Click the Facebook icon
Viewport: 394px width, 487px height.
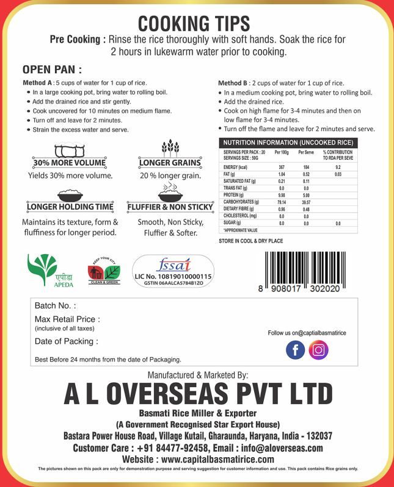pos(295,350)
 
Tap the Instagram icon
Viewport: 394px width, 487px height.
pos(318,350)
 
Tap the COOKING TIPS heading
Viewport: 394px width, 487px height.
pos(194,23)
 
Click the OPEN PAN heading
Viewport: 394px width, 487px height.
pos(52,69)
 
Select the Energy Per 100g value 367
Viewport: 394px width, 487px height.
pos(282,167)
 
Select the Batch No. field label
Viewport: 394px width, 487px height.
pos(56,305)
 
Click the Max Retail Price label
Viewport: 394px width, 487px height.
pos(67,319)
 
